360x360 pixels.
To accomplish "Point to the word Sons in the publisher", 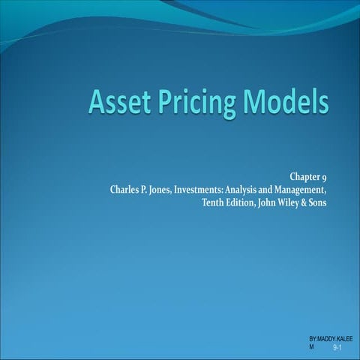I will (337, 202).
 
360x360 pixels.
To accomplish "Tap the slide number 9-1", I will (337, 349).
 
